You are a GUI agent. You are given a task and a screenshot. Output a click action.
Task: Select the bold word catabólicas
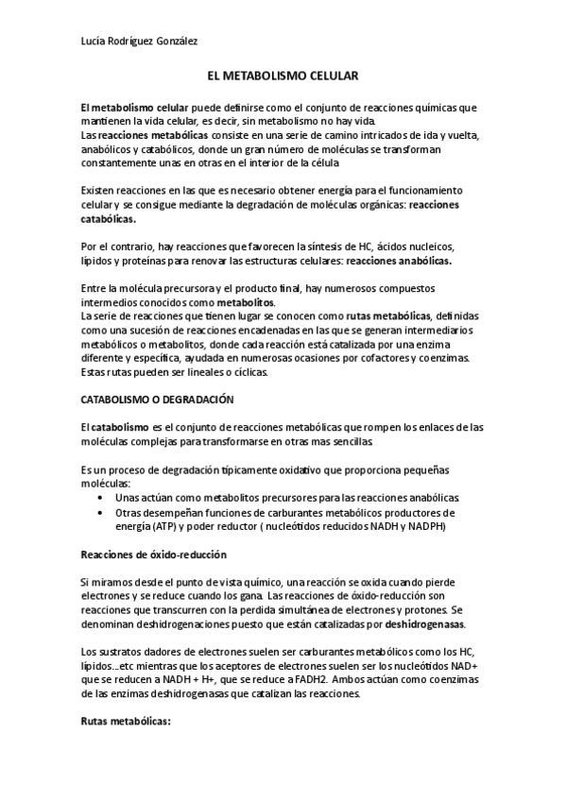click(x=108, y=218)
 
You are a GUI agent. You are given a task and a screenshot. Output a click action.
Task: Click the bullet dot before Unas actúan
click(x=101, y=498)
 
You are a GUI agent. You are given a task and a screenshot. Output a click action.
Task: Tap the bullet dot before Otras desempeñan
click(x=101, y=512)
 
